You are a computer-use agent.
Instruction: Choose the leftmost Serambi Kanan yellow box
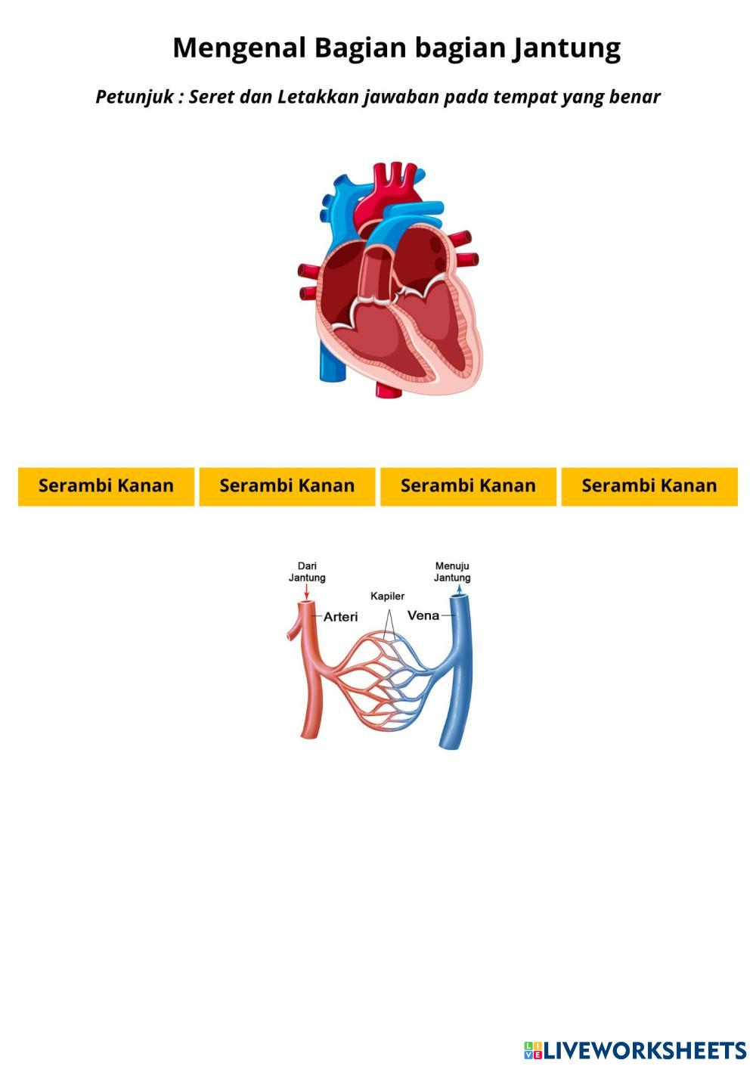[x=106, y=485]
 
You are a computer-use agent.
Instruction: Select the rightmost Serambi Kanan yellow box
[x=649, y=485]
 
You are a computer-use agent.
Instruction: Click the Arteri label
[x=340, y=617]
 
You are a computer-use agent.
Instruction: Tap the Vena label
[x=423, y=615]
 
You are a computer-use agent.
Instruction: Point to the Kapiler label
[x=387, y=596]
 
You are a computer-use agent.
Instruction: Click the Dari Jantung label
[x=307, y=572]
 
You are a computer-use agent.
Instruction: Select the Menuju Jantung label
[x=452, y=572]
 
